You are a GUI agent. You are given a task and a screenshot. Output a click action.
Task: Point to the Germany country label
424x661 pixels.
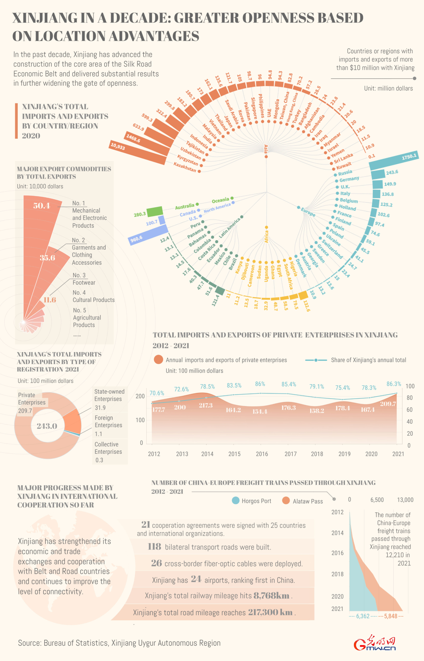coord(349,179)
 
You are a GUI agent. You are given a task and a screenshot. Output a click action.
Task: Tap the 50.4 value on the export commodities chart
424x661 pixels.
coord(42,206)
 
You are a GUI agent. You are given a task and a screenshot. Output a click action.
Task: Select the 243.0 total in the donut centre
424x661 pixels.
coord(47,426)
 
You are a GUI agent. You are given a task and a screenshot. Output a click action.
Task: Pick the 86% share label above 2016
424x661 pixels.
coord(260,384)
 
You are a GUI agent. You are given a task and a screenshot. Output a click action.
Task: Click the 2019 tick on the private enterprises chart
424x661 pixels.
coord(344,454)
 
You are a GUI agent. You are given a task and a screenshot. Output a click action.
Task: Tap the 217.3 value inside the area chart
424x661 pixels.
coord(206,406)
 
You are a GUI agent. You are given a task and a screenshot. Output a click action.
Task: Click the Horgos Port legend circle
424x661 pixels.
coord(236,501)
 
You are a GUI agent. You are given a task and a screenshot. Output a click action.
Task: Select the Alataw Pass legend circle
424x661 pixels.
coord(286,501)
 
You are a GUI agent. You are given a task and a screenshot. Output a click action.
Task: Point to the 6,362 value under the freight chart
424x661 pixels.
coord(363,616)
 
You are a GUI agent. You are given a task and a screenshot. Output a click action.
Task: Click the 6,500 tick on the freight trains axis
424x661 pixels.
coord(377,500)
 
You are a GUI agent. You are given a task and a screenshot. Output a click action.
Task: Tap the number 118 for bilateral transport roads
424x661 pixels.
coord(154,547)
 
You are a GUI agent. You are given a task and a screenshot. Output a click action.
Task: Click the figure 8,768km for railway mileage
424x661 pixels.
coord(271,596)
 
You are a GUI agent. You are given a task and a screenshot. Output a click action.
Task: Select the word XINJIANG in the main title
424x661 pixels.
coord(45,18)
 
